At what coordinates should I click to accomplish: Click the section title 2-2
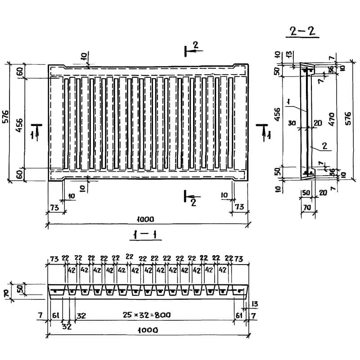302,31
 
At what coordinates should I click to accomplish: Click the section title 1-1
145,234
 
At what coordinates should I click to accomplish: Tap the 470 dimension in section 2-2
332,119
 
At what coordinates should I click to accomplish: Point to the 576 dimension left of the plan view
5,117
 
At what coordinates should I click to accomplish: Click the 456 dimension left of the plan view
19,125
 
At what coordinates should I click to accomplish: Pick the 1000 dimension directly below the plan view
145,219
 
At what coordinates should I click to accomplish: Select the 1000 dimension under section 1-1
148,330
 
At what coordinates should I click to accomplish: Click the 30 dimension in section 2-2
292,123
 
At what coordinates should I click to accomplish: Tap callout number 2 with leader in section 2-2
324,146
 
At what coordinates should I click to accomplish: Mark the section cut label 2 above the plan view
195,45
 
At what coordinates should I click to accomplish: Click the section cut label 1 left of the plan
33,135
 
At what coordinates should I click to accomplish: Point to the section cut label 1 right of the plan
269,135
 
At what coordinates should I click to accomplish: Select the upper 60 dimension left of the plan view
20,72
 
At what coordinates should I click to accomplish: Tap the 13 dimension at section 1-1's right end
255,304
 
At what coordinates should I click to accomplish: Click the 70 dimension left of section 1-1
6,293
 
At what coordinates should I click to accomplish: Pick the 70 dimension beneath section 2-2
307,207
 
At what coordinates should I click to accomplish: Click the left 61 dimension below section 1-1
55,315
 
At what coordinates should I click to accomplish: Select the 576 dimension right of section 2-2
348,118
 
